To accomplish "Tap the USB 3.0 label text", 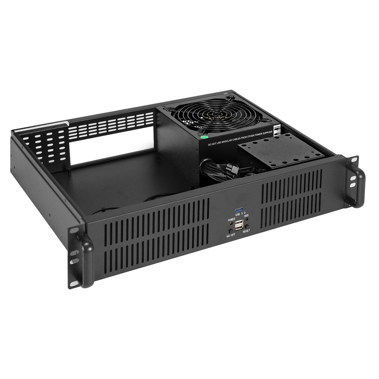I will [239, 214].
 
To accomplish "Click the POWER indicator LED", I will [231, 223].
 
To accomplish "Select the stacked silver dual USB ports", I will [239, 225].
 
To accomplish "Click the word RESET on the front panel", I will [246, 231].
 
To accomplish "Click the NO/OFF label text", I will [231, 236].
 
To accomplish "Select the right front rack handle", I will [356, 185].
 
